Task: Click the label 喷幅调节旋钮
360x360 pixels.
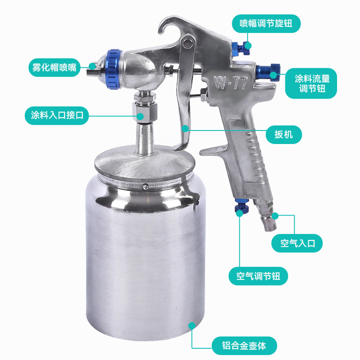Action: (x=266, y=23)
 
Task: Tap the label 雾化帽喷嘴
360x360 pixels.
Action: (x=54, y=67)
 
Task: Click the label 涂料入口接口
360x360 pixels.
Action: (x=57, y=115)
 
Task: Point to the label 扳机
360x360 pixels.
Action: (x=283, y=135)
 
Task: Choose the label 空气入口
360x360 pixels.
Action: (x=297, y=243)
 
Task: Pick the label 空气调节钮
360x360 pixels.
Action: (x=258, y=276)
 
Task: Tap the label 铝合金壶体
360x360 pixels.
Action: (x=244, y=346)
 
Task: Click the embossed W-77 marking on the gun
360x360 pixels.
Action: (x=230, y=83)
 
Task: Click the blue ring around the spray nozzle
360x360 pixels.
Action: (x=114, y=69)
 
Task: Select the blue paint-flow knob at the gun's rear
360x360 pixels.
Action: (x=268, y=72)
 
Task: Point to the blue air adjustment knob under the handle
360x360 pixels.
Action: (x=242, y=206)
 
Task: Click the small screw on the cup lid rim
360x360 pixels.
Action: (x=145, y=187)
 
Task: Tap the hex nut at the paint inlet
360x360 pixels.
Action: (x=145, y=112)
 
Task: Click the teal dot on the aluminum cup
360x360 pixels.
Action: (x=192, y=325)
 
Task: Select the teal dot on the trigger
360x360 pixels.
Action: (x=185, y=128)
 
